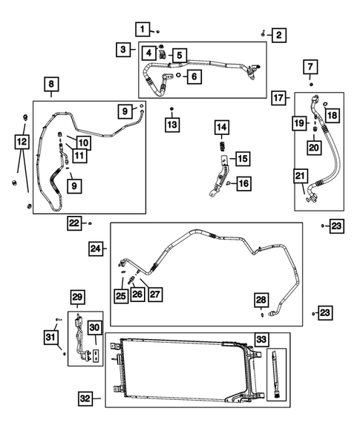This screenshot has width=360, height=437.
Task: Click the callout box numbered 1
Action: coord(142,29)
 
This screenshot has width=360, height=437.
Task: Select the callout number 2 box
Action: coord(279,34)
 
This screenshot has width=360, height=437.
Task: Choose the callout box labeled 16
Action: coord(243,183)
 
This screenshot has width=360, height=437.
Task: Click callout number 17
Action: coord(279,97)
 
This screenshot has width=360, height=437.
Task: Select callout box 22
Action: coord(74,222)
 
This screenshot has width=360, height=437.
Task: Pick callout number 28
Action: coord(261,299)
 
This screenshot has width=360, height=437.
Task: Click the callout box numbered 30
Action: coord(94,326)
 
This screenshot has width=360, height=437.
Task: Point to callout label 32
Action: coord(87,399)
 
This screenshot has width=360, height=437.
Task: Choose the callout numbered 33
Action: coord(261,340)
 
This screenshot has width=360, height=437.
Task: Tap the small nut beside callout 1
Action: coord(159,32)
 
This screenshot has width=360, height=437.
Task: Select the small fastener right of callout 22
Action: coord(91,223)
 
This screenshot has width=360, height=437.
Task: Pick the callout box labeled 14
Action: coord(220,128)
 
